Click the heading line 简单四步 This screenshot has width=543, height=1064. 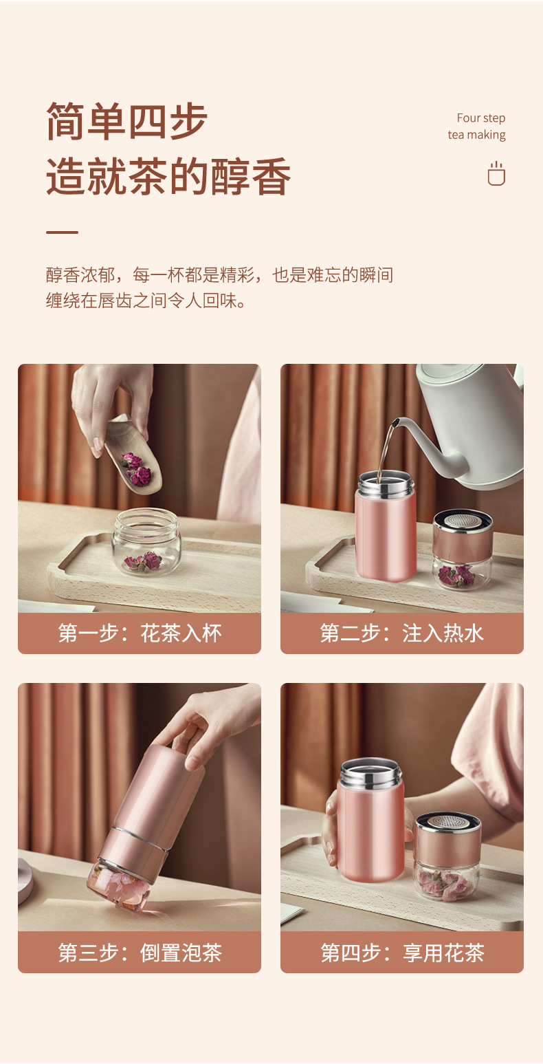click(126, 121)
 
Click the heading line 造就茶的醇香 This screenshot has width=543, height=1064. click(168, 176)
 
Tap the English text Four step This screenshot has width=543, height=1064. click(481, 118)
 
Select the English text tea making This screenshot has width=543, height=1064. click(476, 135)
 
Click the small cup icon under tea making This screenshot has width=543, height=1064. click(496, 173)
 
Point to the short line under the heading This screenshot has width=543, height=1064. click(62, 232)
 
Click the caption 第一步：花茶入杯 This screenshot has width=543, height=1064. click(140, 633)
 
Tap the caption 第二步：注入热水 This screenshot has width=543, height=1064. click(401, 633)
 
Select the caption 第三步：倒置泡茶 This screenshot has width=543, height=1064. click(140, 953)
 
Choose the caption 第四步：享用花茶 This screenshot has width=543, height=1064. click(402, 953)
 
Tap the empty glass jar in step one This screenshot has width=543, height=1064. click(146, 541)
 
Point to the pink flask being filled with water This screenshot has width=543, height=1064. click(386, 526)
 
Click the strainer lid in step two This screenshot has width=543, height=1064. click(463, 521)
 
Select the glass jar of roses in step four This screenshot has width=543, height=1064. click(445, 879)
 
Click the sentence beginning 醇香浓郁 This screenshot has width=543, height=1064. click(219, 275)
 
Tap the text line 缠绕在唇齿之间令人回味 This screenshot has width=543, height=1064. click(146, 300)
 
